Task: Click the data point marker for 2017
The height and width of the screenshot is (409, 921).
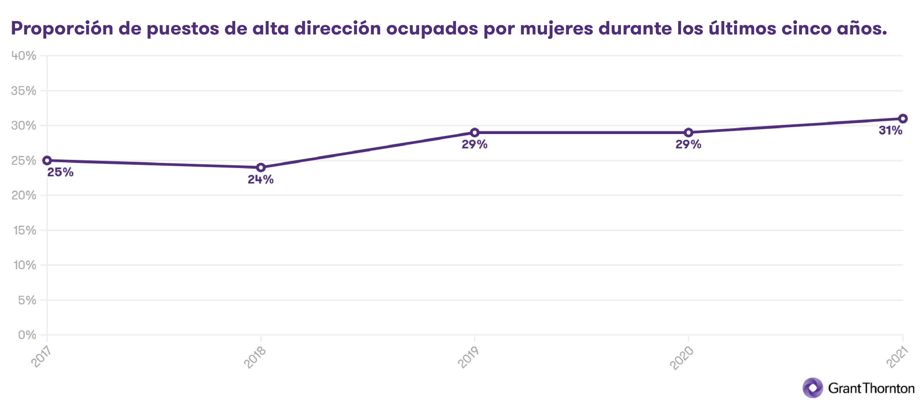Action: click(x=47, y=161)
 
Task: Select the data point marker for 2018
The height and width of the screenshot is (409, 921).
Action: click(x=261, y=167)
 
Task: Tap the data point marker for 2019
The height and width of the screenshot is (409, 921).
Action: click(x=474, y=133)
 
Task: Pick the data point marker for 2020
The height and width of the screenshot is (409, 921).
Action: click(x=688, y=133)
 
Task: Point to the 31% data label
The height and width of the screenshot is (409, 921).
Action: click(x=890, y=131)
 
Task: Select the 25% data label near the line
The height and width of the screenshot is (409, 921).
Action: click(x=60, y=172)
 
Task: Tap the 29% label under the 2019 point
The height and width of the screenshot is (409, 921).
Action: click(x=474, y=144)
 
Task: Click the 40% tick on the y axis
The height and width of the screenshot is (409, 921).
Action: click(x=24, y=56)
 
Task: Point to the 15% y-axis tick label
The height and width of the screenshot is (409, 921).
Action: click(x=25, y=230)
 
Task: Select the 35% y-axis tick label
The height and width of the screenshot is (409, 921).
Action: click(x=24, y=91)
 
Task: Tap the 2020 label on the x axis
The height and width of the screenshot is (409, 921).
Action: click(x=682, y=358)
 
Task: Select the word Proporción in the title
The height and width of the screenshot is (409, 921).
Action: click(x=62, y=29)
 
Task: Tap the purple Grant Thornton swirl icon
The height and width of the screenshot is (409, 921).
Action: click(x=813, y=388)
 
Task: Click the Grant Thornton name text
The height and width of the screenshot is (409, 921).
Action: click(x=871, y=388)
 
